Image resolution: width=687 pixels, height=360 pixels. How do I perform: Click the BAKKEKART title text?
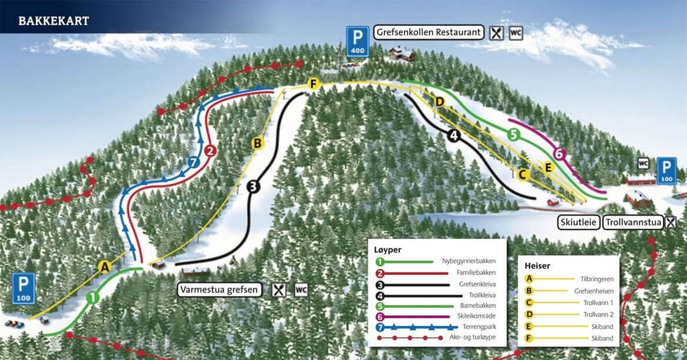click(53, 21)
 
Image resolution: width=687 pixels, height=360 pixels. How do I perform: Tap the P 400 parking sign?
click(357, 40)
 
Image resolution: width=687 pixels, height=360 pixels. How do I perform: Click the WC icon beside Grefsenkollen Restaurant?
click(516, 32)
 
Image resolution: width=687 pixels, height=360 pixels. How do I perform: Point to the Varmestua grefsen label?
click(220, 290)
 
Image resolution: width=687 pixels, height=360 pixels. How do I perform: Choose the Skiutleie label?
click(580, 223)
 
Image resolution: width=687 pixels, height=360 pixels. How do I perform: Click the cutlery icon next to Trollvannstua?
click(670, 223)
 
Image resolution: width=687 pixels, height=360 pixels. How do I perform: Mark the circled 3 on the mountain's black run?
click(253, 187)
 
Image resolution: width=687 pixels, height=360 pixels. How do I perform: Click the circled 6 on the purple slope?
click(559, 153)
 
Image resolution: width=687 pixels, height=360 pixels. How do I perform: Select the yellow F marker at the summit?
click(313, 85)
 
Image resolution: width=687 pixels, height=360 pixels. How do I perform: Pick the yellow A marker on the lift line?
click(105, 267)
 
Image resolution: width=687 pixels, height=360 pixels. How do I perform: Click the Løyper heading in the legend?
click(388, 250)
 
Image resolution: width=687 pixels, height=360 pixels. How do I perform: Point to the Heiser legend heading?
click(537, 265)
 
